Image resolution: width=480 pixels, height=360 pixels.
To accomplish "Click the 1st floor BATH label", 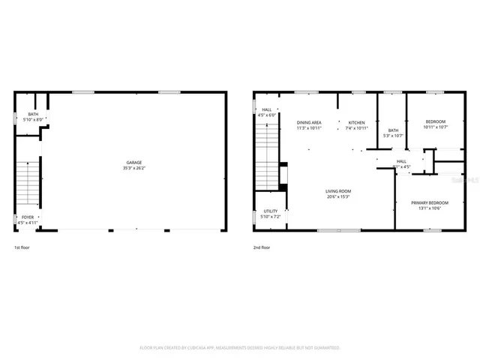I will [32, 114].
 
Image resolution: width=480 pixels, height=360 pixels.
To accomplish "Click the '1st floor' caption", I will [22, 247].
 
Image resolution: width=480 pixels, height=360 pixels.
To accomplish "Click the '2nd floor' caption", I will [262, 247].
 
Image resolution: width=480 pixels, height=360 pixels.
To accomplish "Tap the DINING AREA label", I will [309, 122].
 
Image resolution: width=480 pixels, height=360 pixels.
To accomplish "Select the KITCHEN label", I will [356, 122].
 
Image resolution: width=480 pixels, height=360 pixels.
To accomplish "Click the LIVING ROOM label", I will [338, 191].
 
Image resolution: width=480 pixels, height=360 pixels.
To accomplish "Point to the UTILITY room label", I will [270, 211].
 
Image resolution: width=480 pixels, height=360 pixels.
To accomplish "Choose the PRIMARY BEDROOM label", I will [430, 202].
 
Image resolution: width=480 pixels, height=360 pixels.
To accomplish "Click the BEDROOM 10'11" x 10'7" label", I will [435, 122].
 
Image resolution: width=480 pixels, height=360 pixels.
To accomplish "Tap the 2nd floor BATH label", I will [393, 130].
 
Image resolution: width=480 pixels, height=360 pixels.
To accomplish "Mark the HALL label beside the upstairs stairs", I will [267, 109].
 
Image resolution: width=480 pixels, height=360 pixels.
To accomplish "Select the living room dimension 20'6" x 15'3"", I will [338, 196].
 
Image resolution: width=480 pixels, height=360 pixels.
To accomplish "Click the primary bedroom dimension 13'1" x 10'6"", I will [430, 208].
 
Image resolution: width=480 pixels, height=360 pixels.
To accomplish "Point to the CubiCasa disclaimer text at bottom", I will [240, 348].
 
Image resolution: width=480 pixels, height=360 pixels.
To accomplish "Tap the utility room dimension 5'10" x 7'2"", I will [270, 217].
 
